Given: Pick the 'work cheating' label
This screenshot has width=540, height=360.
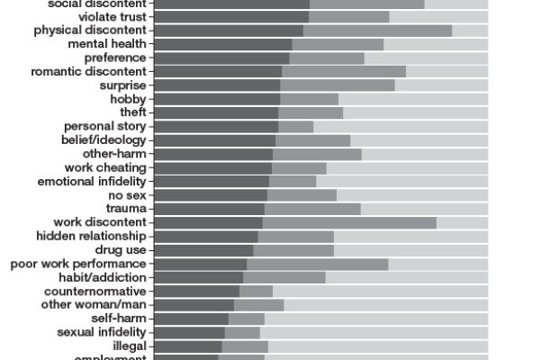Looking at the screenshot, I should [105, 167].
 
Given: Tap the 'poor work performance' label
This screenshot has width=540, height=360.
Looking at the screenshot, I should [78, 264].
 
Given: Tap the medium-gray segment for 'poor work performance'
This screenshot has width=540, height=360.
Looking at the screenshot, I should [317, 264].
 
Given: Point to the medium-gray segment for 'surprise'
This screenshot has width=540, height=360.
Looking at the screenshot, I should [337, 85].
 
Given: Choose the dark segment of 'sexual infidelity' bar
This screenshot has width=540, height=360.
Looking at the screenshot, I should [189, 332].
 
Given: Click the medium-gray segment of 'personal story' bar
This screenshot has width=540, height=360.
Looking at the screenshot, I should [295, 127].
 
